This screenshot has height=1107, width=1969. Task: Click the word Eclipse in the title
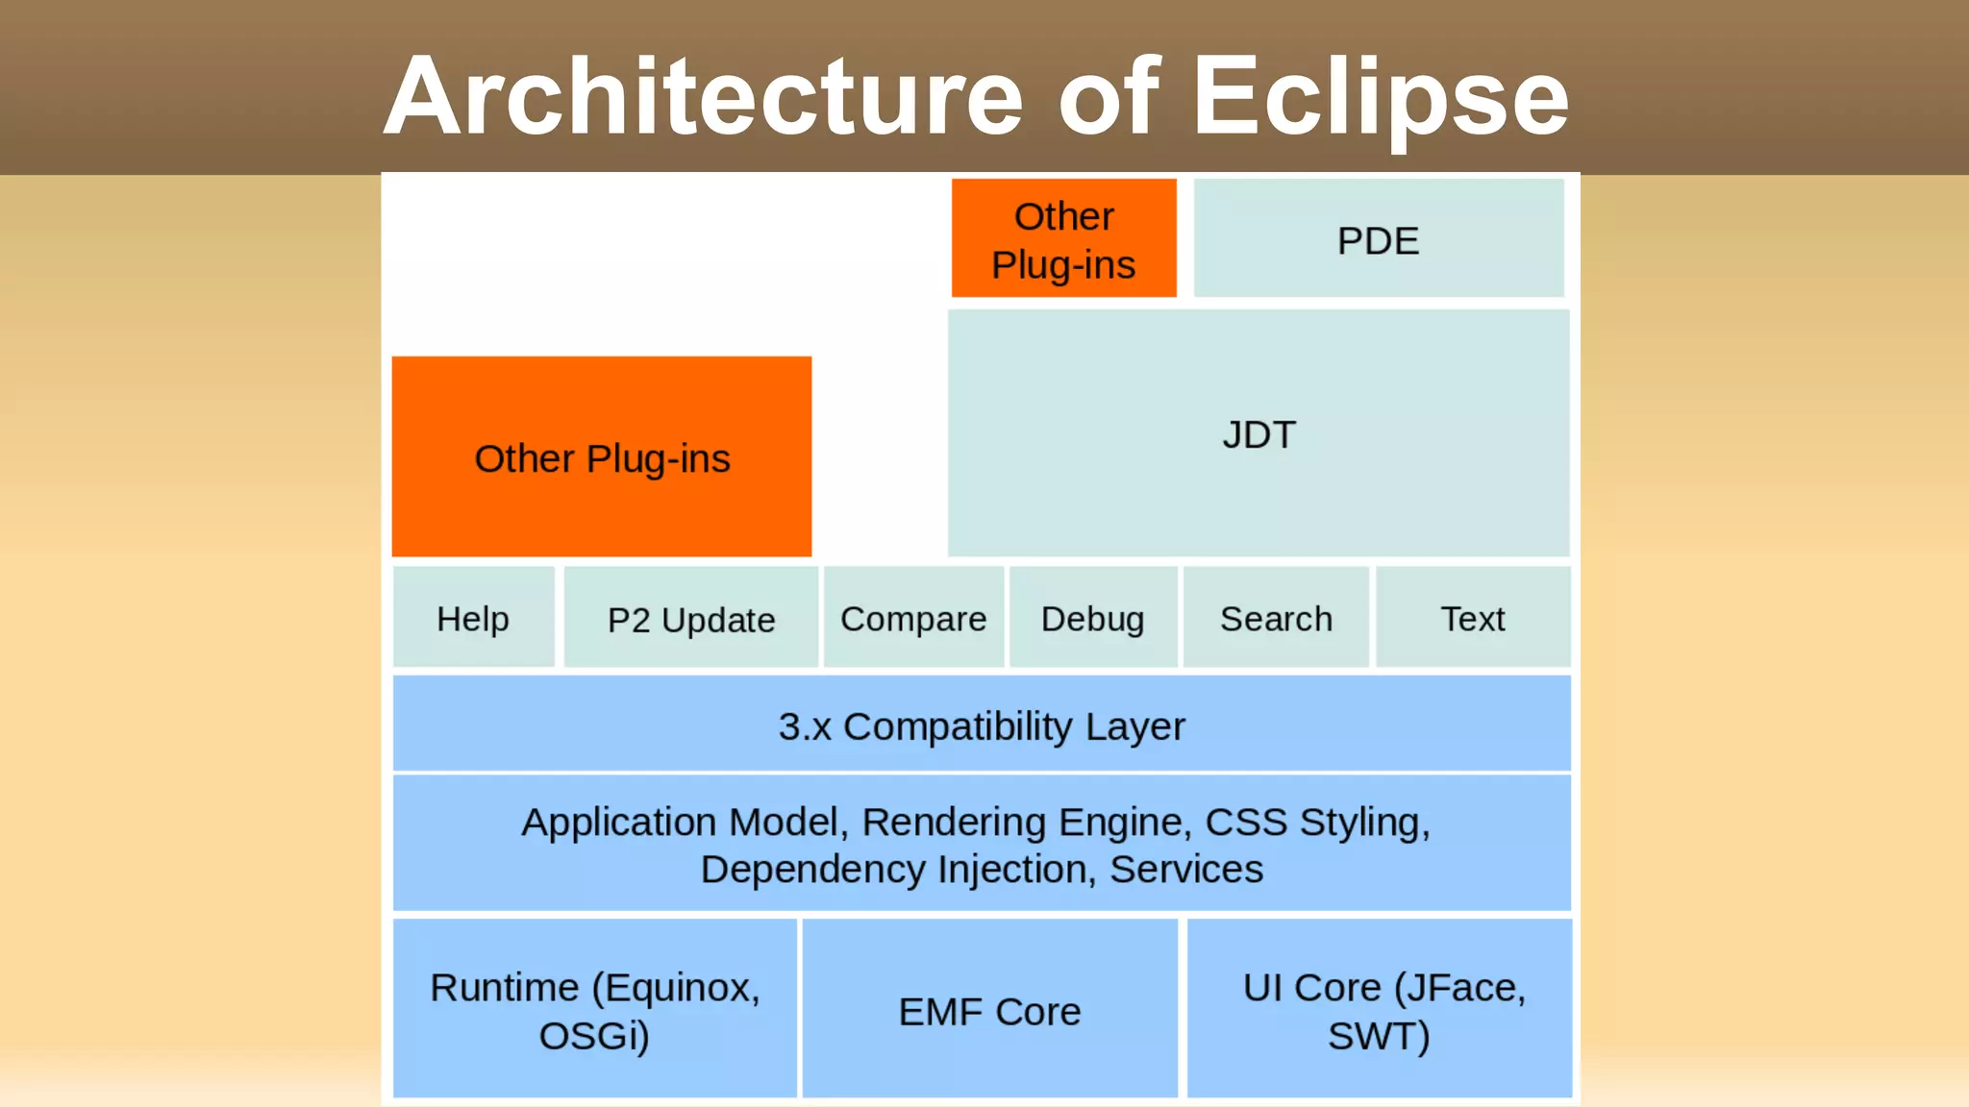tap(1381, 96)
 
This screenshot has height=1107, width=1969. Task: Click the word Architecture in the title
tap(704, 96)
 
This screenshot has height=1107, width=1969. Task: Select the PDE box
tap(1378, 239)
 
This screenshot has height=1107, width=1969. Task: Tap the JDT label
tap(1259, 434)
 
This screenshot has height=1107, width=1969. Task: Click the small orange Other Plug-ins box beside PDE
tap(1063, 239)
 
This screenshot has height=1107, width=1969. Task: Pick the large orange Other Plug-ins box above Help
tap(602, 457)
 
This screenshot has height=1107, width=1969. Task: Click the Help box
tap(473, 618)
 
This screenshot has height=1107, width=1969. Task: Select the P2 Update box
tap(691, 619)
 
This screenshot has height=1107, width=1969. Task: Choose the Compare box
tap(913, 619)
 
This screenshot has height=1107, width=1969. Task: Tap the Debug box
tap(1092, 618)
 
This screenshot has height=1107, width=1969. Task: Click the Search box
tap(1276, 618)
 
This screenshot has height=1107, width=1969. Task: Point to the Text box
tap(1472, 618)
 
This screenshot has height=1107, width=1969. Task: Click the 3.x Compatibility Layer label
tap(982, 726)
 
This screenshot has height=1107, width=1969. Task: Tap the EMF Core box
tap(989, 1010)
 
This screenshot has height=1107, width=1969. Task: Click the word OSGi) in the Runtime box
tap(594, 1036)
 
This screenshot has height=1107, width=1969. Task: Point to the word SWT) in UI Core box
tap(1379, 1036)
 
